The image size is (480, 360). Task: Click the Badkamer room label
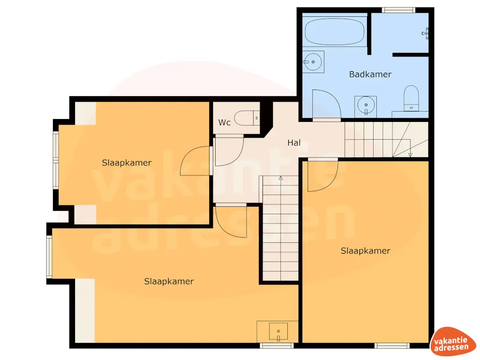pyautogui.click(x=370, y=74)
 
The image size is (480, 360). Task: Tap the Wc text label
pyautogui.click(x=225, y=123)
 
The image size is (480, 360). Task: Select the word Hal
pyautogui.click(x=294, y=142)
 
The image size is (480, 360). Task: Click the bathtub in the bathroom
pyautogui.click(x=334, y=31)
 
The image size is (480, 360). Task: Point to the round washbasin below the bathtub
pyautogui.click(x=312, y=61)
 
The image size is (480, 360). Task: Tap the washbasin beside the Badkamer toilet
pyautogui.click(x=366, y=105)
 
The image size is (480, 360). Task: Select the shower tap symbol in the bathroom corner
pyautogui.click(x=426, y=32)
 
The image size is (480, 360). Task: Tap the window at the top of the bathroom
pyautogui.click(x=398, y=10)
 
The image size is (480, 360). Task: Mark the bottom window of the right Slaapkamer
pyautogui.click(x=389, y=346)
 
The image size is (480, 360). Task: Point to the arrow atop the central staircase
pyautogui.click(x=280, y=178)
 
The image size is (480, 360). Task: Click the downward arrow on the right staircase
pyautogui.click(x=410, y=154)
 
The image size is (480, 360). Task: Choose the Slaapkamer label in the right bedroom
pyautogui.click(x=365, y=251)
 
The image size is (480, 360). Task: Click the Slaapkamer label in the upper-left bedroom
pyautogui.click(x=127, y=163)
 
